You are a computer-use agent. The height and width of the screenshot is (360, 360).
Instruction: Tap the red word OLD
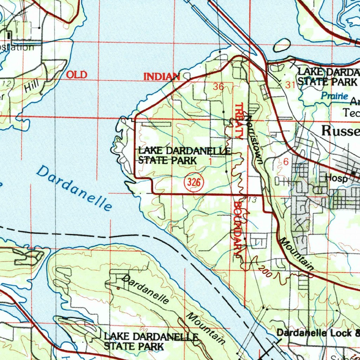pyautogui.click(x=76, y=75)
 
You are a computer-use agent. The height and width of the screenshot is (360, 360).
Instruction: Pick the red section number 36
pyautogui.click(x=218, y=87)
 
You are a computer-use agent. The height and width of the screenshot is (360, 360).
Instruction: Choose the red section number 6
pyautogui.click(x=285, y=162)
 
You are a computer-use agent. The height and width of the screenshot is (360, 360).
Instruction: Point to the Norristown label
pyautogui.click(x=255, y=140)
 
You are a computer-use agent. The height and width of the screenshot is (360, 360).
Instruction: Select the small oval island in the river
pyautogui.click(x=282, y=45)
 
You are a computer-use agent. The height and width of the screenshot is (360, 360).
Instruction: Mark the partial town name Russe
pyautogui.click(x=341, y=131)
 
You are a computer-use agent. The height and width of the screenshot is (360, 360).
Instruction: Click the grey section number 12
pyautogui.click(x=6, y=83)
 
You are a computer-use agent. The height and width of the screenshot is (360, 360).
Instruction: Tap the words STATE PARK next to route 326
pyautogui.click(x=167, y=161)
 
